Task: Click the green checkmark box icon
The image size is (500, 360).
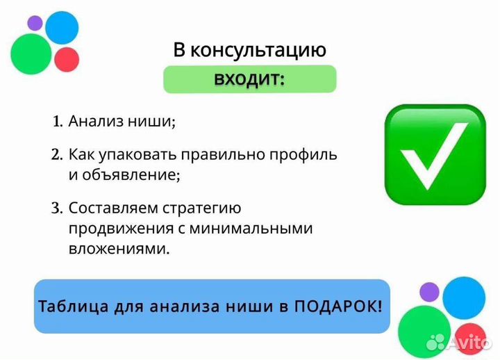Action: (435, 155)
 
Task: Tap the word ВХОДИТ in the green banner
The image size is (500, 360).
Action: (249, 79)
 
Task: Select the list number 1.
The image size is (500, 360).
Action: (58, 122)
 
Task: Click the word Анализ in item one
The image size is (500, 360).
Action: (94, 122)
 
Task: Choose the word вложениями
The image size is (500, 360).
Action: (119, 248)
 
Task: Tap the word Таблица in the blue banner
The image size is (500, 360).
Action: (67, 306)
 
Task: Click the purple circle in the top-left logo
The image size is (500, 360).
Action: (35, 23)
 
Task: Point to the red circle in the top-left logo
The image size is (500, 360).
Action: (67, 60)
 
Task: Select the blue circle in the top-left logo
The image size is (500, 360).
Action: (62, 26)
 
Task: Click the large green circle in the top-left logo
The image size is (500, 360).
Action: (31, 54)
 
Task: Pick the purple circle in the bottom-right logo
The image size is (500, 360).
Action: (430, 291)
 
